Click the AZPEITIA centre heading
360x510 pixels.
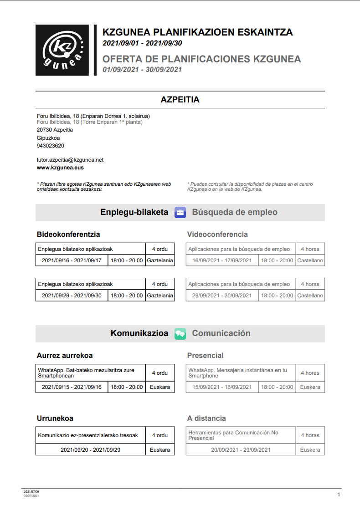180,100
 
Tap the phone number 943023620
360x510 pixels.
51,146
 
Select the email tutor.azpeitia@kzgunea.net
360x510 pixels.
70,160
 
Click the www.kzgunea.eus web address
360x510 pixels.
60,168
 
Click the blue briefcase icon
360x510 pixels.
180,213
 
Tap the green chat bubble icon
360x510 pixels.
180,334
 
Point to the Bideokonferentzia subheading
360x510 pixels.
68,235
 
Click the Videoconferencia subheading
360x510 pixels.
217,235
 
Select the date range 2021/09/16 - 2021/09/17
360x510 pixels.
72,260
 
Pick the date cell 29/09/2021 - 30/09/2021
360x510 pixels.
222,296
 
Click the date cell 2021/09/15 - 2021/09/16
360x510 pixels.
72,387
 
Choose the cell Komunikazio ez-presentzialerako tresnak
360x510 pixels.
91,435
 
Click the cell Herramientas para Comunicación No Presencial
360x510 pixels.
241,435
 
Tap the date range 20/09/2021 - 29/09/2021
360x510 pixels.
241,450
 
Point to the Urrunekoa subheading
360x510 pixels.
55,418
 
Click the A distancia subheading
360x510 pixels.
206,418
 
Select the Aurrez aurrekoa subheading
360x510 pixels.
65,356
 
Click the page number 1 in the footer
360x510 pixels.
339,495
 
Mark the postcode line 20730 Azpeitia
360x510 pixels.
55,130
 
